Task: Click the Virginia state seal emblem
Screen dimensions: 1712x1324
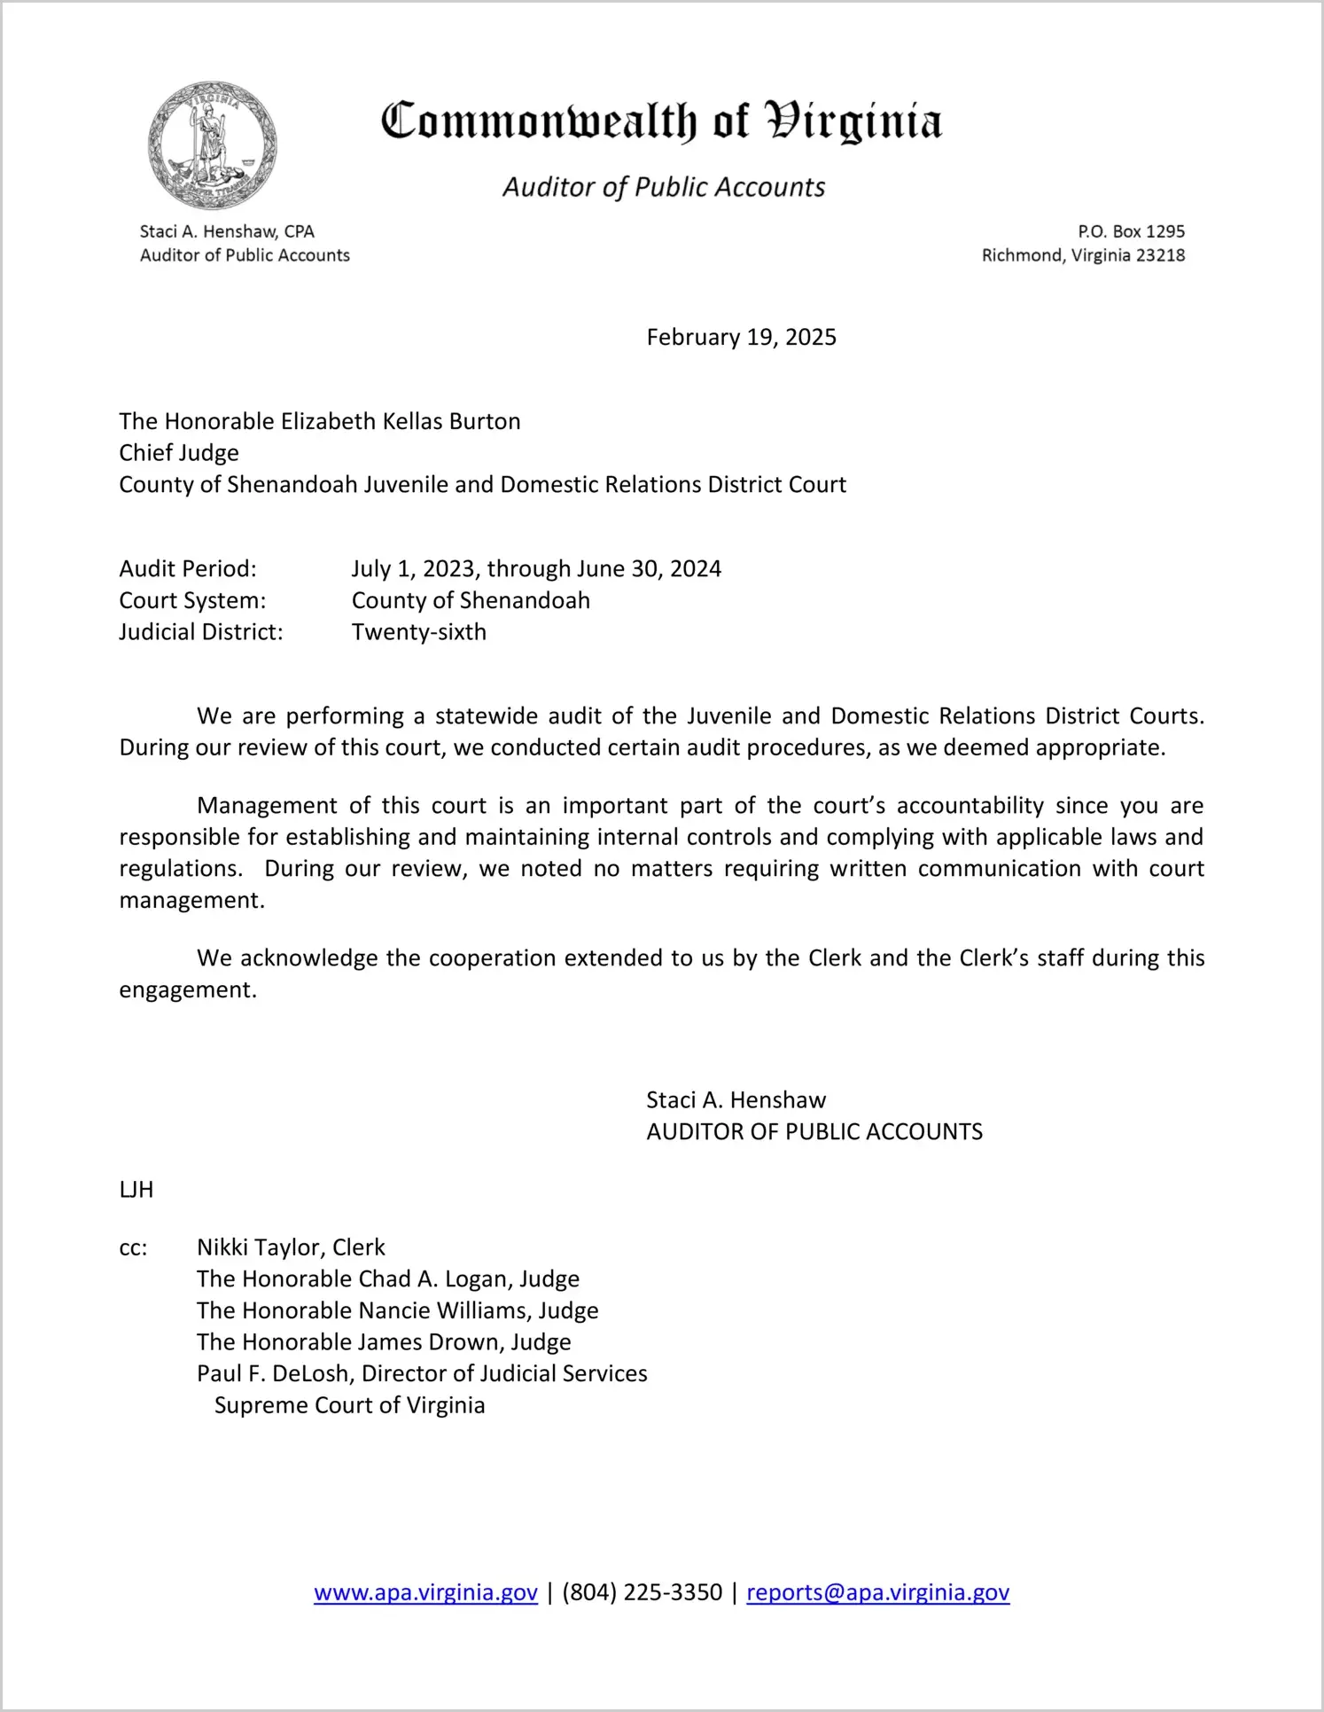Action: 212,145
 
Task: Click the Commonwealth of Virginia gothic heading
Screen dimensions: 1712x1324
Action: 661,122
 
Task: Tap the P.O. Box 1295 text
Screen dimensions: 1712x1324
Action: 1131,231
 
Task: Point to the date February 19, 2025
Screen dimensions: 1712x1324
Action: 741,337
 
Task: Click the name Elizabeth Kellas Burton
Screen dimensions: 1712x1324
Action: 401,421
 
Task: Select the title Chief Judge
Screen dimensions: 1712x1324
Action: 179,453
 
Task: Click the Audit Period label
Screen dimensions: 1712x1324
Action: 188,568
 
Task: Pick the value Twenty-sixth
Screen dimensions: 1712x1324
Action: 418,632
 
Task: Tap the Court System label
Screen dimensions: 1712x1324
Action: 192,600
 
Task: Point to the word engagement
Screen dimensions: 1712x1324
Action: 188,989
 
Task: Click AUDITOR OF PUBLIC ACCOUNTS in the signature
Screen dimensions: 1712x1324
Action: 814,1131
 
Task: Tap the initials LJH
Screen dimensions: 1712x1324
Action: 136,1190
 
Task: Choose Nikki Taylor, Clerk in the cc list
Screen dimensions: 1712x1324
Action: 291,1247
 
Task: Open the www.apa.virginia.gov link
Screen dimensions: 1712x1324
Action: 425,1592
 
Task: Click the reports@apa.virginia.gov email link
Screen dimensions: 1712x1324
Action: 877,1592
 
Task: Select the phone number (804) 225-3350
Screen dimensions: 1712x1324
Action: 642,1592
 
